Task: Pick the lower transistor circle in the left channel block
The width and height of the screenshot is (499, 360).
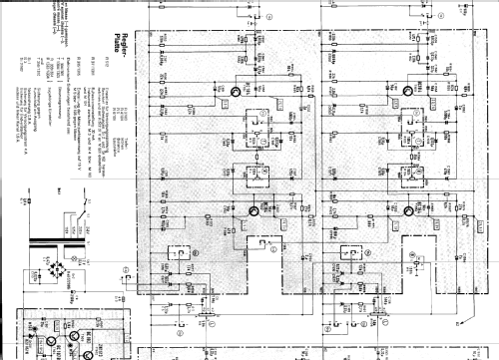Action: point(253,210)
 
